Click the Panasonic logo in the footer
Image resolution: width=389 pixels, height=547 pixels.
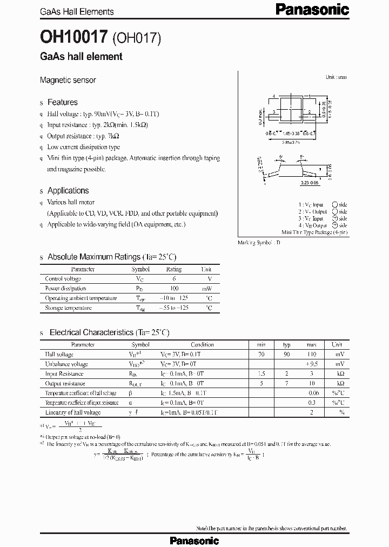pos(194,540)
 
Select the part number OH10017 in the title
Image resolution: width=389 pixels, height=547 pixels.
pos(73,36)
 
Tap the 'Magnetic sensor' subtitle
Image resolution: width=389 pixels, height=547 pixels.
pos(68,80)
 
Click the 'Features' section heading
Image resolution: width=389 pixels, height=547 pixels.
pos(63,102)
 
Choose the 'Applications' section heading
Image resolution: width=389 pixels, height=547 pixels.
pos(68,190)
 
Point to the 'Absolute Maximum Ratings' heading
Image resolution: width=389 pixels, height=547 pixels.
pos(112,257)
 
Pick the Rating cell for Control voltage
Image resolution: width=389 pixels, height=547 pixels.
pos(174,279)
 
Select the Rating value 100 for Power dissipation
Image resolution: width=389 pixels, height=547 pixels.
pos(174,289)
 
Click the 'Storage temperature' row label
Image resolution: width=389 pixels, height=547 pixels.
pos(68,308)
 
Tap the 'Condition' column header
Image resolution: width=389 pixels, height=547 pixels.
pos(203,344)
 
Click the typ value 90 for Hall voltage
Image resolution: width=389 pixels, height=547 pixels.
pos(287,355)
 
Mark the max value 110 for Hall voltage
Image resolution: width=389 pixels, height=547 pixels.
pos(312,355)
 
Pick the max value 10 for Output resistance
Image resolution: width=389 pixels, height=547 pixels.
pos(312,384)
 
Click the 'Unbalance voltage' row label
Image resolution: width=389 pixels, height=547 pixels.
pos(66,364)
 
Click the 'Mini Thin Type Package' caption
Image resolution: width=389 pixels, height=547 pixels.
pos(314,231)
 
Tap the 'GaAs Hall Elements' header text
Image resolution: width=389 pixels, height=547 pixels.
pos(77,11)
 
